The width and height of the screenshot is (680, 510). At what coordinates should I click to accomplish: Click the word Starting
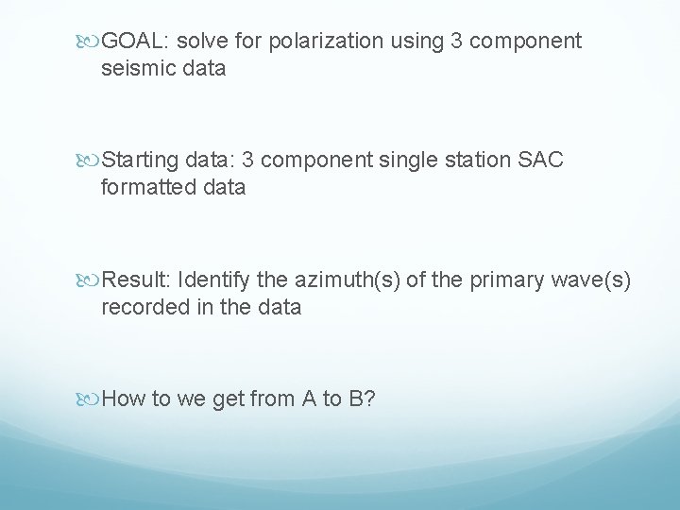click(139, 161)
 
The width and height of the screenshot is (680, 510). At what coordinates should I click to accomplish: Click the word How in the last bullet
click(121, 399)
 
